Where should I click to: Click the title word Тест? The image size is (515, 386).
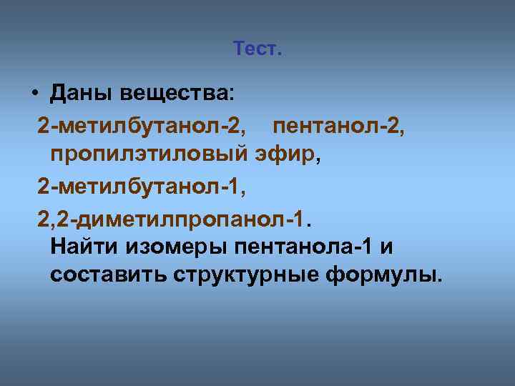257,49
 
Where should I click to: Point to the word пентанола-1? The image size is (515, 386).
303,247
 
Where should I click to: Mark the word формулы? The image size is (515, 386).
382,276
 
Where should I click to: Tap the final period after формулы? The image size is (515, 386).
439,281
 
